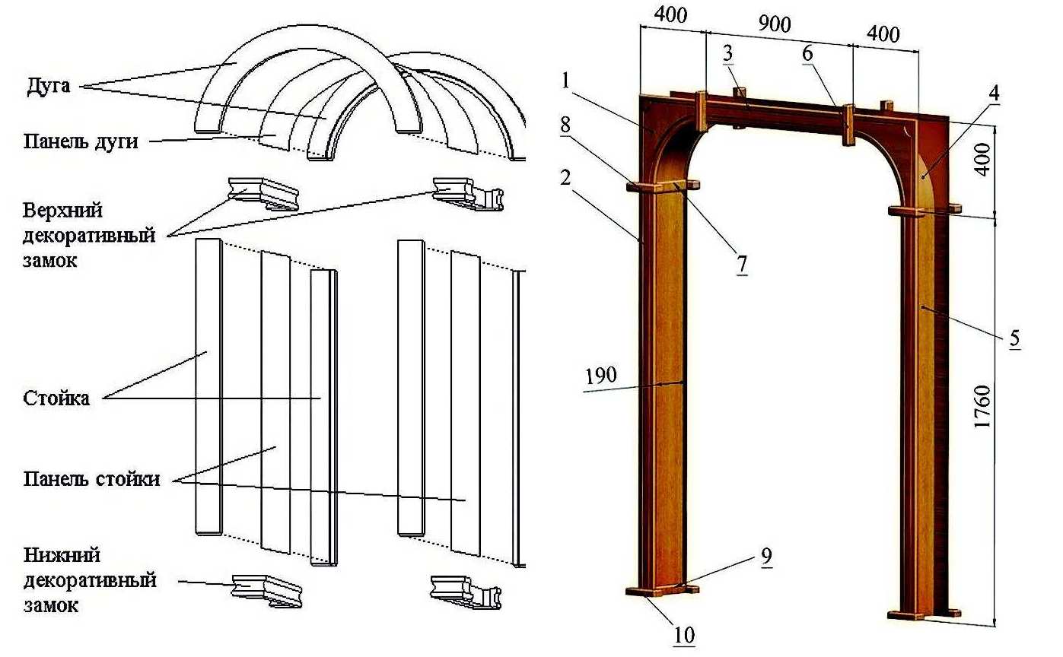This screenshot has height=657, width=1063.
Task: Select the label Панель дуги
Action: coord(81,141)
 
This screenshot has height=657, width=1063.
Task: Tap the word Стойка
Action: coord(56,398)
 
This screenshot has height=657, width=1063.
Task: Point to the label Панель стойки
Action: coord(91,479)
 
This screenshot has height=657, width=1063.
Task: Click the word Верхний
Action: coord(62,210)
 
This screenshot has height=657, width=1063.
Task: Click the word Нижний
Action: coord(62,556)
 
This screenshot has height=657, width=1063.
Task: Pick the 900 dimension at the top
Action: coord(775,24)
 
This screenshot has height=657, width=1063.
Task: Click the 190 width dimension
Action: coord(601,376)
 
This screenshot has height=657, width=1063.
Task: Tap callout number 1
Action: coord(565,81)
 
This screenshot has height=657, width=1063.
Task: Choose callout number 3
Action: coord(728,53)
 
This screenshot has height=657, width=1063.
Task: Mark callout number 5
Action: coord(1014,338)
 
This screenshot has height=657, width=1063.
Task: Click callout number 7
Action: coord(742,264)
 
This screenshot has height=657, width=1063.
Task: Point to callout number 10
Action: coord(684,635)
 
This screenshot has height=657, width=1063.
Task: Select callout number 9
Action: coord(766,557)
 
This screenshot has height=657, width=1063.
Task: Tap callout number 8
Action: coord(565,125)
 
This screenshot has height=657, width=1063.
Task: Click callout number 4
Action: coord(994,94)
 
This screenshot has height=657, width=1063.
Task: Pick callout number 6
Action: coord(807,53)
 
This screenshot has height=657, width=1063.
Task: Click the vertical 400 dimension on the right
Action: coord(983,160)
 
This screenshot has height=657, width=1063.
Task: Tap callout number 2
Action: coord(565,178)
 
